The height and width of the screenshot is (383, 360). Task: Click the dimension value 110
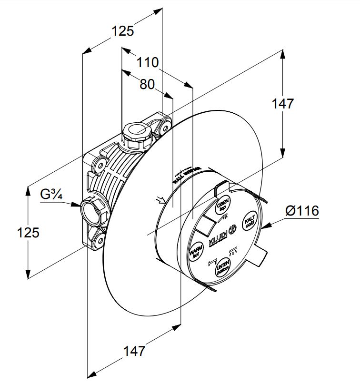pos(148,62)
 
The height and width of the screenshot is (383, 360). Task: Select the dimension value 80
pos(147,84)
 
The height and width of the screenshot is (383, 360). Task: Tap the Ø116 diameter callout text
pos(302,211)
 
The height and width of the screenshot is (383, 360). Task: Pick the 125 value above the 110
pos(123,31)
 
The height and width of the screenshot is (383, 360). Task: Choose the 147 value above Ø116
pos(283,104)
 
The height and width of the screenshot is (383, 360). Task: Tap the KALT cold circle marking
pos(250,221)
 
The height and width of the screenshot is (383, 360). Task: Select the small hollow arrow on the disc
pos(160,199)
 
